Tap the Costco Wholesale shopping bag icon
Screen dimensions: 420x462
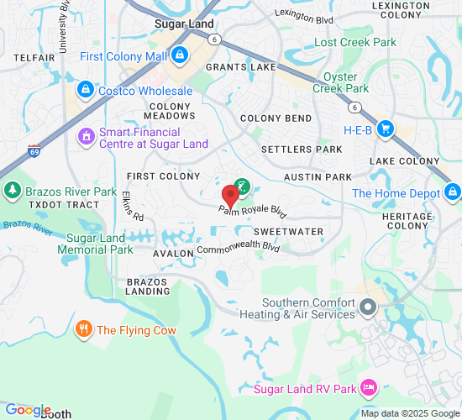point(84,89)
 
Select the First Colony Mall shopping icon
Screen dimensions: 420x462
point(180,56)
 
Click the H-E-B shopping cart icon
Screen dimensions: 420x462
point(386,129)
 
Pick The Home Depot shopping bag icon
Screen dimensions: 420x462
point(453,192)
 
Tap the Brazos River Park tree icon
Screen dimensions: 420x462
point(13,192)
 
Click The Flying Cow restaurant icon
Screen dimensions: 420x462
point(83,329)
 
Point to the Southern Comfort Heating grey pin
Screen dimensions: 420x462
point(367,308)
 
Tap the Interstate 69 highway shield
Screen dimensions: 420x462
point(34,151)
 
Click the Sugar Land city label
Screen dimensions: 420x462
point(184,24)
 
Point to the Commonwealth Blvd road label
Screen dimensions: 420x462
point(238,249)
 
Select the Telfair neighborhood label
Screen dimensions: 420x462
point(34,57)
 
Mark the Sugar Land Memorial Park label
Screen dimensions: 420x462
point(99,244)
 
